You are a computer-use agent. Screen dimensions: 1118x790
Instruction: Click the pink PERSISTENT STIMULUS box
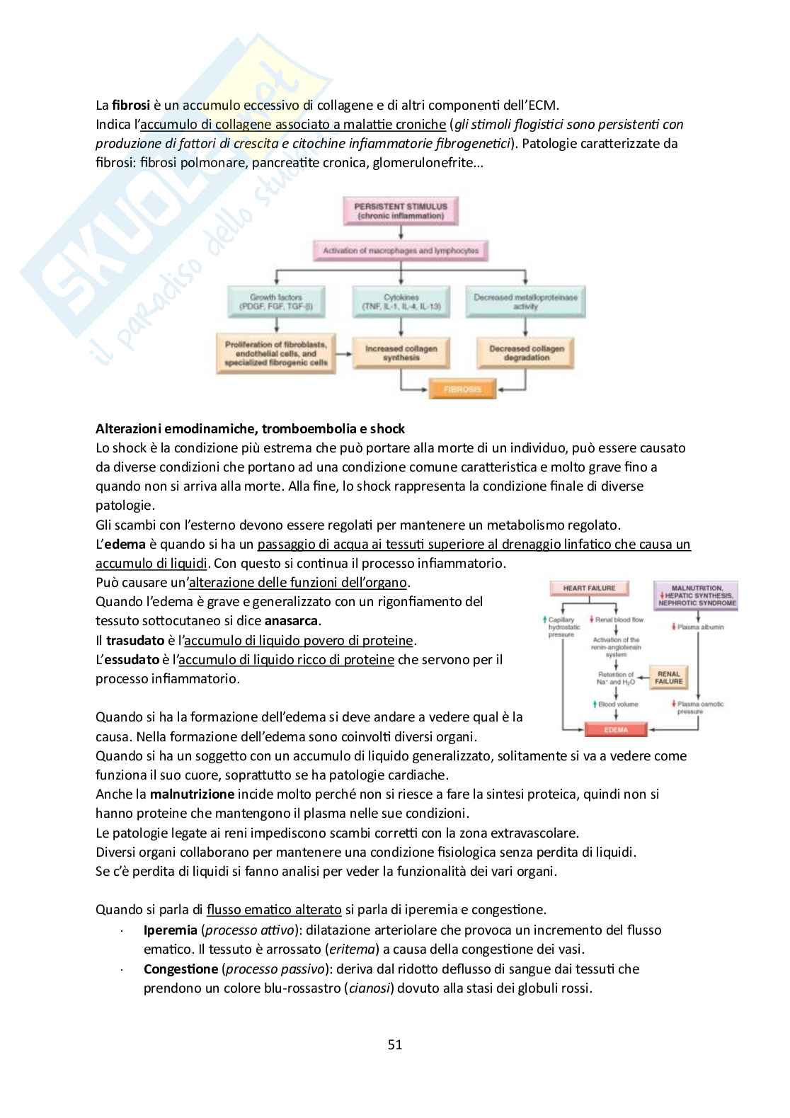tap(401, 210)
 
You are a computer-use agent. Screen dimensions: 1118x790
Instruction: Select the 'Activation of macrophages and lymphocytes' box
tap(401, 251)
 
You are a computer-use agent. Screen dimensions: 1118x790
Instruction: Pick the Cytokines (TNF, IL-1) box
tap(401, 302)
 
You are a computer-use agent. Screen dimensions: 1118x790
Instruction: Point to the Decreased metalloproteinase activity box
tap(525, 302)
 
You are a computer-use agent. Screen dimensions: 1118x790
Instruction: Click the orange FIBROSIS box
tap(462, 389)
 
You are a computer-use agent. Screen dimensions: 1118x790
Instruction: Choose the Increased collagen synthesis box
tap(401, 353)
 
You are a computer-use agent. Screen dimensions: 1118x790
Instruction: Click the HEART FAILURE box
tap(589, 588)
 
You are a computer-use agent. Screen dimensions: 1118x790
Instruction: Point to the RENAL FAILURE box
tap(668, 678)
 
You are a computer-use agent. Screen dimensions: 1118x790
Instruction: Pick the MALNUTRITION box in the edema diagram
tap(697, 595)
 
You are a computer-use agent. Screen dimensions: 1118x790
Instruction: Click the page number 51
tap(395, 1044)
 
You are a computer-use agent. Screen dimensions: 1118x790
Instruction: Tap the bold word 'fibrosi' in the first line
tap(131, 105)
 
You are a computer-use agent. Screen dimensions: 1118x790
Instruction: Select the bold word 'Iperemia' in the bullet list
tap(171, 930)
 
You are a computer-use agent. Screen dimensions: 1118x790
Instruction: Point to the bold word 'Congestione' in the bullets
tap(181, 969)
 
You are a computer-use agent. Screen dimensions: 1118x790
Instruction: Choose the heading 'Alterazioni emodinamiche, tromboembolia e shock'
tap(250, 428)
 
